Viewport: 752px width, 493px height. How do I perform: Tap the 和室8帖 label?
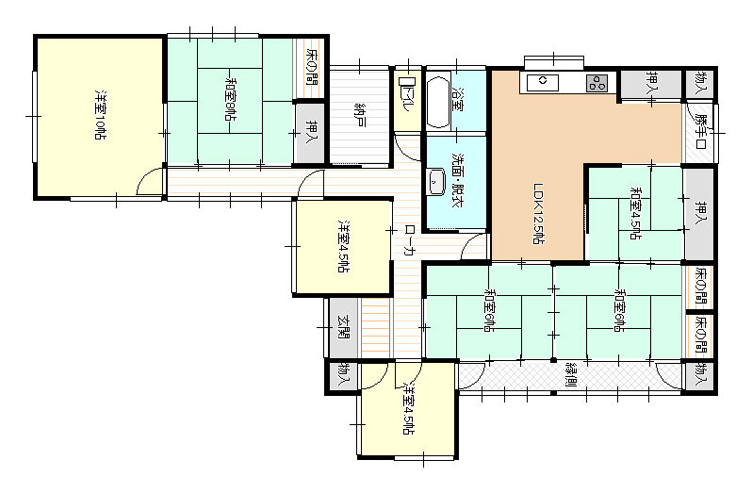pos(230,101)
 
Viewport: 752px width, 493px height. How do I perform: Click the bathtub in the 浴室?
pos(437,100)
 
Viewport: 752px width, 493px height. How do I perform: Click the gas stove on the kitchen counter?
pos(597,83)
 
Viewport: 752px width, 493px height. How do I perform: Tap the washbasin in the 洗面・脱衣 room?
pos(436,182)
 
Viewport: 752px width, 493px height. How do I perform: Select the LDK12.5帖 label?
pos(539,214)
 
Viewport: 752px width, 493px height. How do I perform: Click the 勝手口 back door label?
pos(701,131)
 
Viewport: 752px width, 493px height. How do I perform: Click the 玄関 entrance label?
pos(343,327)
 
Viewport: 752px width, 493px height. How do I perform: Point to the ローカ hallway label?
pos(409,240)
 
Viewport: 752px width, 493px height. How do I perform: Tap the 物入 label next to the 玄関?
pos(343,376)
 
